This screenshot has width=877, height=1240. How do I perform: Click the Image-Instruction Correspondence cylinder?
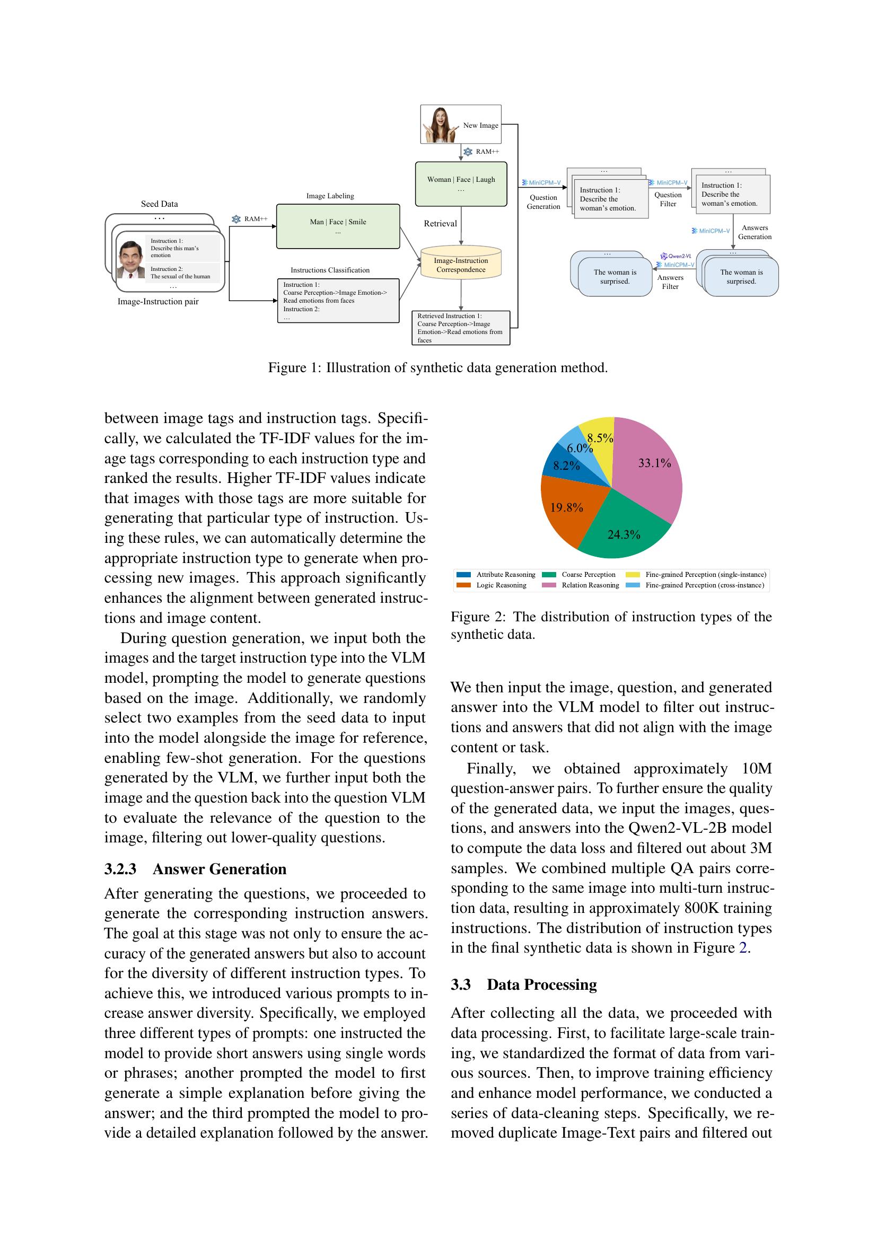pyautogui.click(x=461, y=265)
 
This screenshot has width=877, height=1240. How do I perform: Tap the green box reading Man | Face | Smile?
pyautogui.click(x=338, y=226)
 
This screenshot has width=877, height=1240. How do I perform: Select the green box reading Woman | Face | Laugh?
pyautogui.click(x=461, y=183)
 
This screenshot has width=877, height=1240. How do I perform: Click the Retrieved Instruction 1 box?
pyautogui.click(x=460, y=328)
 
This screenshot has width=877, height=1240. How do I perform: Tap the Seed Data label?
pyautogui.click(x=159, y=204)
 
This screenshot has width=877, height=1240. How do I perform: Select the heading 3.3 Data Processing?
pyautogui.click(x=523, y=984)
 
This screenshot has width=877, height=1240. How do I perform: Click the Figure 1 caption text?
pyautogui.click(x=438, y=368)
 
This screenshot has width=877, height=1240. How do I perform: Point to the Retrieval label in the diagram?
pyautogui.click(x=440, y=224)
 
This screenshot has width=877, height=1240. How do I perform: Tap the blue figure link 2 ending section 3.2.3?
pyautogui.click(x=742, y=948)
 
